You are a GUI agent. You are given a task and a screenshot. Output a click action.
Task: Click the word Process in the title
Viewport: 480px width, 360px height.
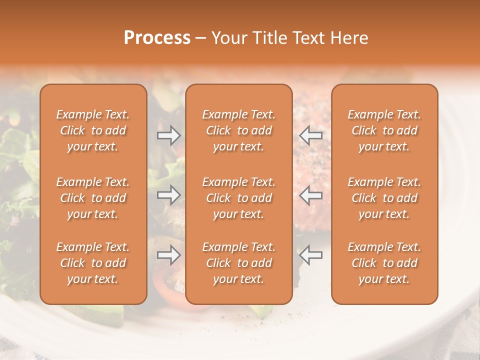157,38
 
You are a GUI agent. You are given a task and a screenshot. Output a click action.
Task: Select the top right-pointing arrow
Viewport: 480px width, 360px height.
168,135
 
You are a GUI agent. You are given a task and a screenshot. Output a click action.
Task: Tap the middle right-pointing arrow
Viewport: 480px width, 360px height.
168,195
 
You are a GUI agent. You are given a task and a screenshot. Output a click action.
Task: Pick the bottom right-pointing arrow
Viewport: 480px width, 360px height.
168,255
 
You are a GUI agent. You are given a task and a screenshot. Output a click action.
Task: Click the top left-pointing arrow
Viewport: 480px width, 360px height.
310,135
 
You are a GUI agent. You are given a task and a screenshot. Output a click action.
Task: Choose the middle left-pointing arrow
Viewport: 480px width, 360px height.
310,195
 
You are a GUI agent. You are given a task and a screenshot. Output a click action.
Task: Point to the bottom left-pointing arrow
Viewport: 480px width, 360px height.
310,255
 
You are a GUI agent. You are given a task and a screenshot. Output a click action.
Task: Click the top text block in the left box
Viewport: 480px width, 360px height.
93,130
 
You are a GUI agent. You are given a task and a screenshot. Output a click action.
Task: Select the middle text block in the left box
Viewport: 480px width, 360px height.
93,198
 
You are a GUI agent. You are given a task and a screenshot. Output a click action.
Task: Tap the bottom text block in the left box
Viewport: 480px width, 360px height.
93,263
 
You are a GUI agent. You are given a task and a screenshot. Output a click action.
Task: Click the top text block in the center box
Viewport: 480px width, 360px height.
239,130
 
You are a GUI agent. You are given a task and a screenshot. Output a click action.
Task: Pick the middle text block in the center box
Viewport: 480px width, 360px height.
239,198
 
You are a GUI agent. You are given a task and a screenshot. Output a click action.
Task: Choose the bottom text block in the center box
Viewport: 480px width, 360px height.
239,263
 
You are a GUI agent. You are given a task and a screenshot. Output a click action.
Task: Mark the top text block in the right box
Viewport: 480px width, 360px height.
384,130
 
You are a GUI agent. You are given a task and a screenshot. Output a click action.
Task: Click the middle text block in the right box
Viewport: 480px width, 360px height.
384,198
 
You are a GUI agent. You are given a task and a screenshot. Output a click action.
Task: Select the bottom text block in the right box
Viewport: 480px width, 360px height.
384,263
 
